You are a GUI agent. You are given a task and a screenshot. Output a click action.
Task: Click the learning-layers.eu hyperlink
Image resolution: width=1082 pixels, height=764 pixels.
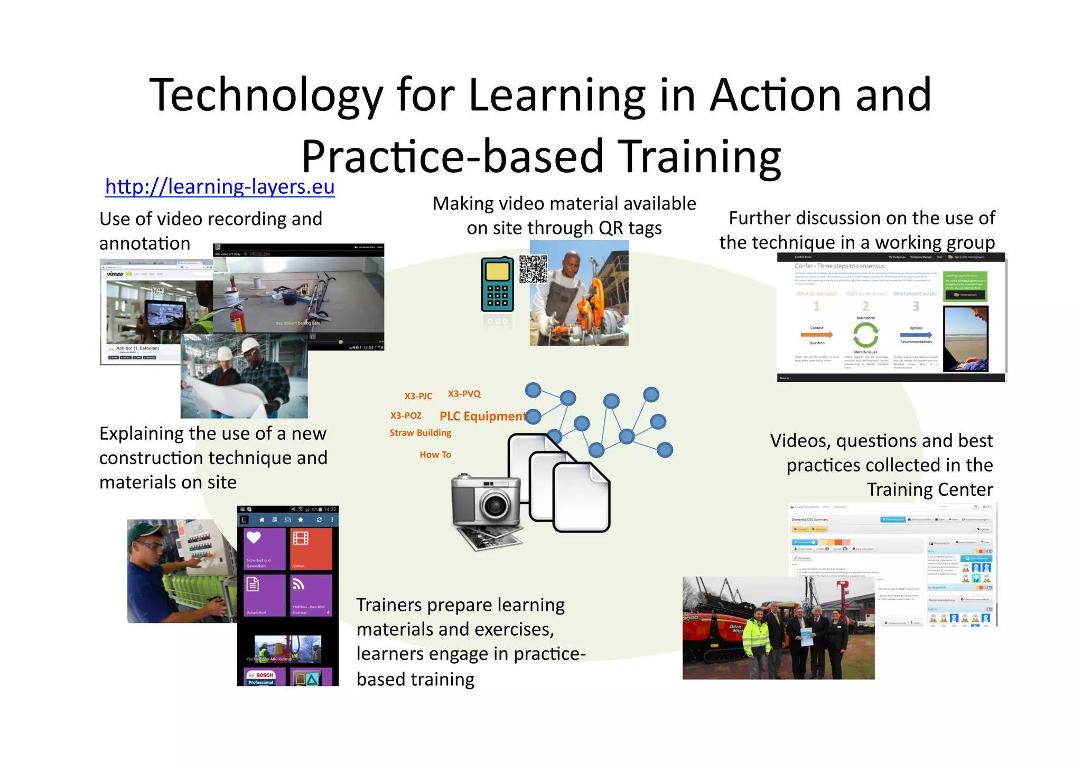pos(220,187)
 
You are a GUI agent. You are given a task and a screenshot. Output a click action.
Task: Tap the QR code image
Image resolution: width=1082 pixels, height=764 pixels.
pos(533,269)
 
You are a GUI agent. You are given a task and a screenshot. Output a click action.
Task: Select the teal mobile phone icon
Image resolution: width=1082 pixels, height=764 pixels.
pos(497,285)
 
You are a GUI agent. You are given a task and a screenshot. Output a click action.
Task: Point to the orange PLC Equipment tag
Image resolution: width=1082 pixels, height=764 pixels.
pos(482,416)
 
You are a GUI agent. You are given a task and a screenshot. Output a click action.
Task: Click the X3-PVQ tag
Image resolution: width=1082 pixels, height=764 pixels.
pos(464,394)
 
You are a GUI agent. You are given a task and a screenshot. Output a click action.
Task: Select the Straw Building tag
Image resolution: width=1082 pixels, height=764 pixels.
pos(421,433)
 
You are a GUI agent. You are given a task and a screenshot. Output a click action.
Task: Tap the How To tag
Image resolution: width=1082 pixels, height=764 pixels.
pos(435,455)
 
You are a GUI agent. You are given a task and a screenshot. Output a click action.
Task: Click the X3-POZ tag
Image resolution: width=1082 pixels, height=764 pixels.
pos(406,416)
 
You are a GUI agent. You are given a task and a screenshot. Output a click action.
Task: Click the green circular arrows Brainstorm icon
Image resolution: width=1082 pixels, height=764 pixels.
pos(865,335)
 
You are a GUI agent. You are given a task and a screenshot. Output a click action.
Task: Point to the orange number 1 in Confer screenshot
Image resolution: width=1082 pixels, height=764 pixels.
pos(817,306)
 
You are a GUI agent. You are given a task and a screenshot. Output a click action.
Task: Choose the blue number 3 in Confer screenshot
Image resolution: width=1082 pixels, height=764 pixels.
pos(916,306)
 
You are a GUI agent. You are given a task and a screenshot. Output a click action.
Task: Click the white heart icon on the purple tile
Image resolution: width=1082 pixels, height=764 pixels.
pos(254,537)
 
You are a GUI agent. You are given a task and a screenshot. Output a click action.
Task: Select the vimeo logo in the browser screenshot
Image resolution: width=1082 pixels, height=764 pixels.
pos(115,274)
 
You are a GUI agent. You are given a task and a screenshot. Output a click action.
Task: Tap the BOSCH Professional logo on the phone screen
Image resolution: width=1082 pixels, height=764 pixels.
pos(262,678)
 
